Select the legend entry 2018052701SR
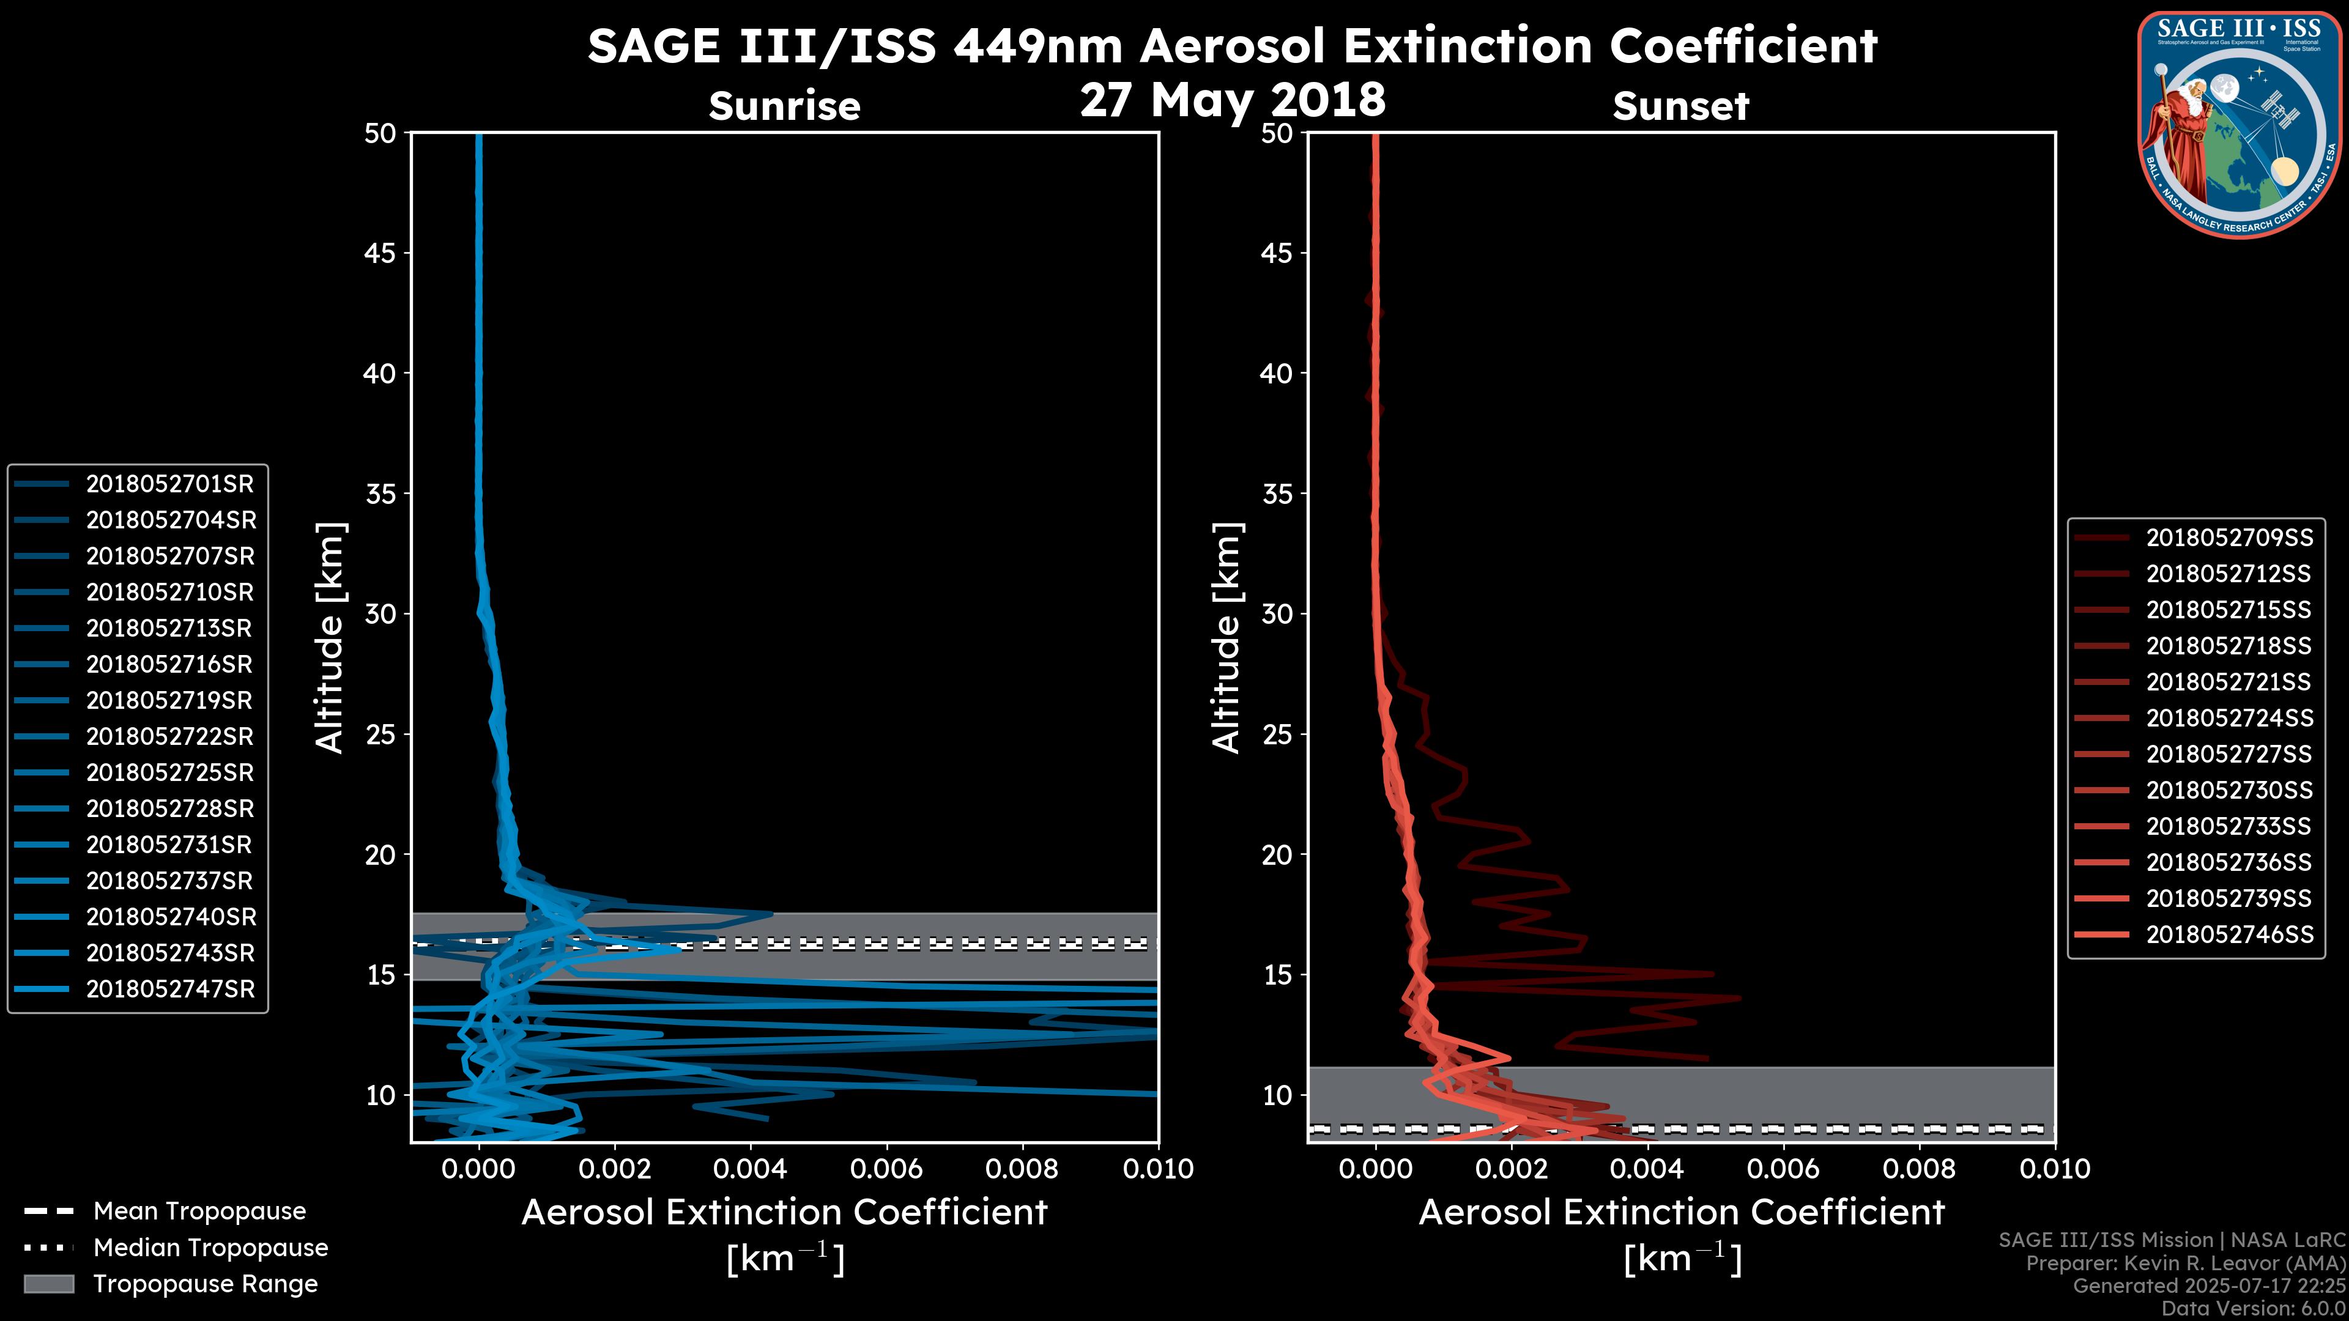169,484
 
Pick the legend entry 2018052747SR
169,989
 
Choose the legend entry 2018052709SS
2228,538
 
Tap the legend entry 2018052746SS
2228,934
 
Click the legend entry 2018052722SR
169,736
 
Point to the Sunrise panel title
784,106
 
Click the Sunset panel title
1680,106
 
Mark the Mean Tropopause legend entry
199,1212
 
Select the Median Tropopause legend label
210,1248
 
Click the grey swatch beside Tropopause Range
49,1284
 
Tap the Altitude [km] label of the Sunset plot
1226,638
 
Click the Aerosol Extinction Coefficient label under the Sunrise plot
784,1213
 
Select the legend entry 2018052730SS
2228,790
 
